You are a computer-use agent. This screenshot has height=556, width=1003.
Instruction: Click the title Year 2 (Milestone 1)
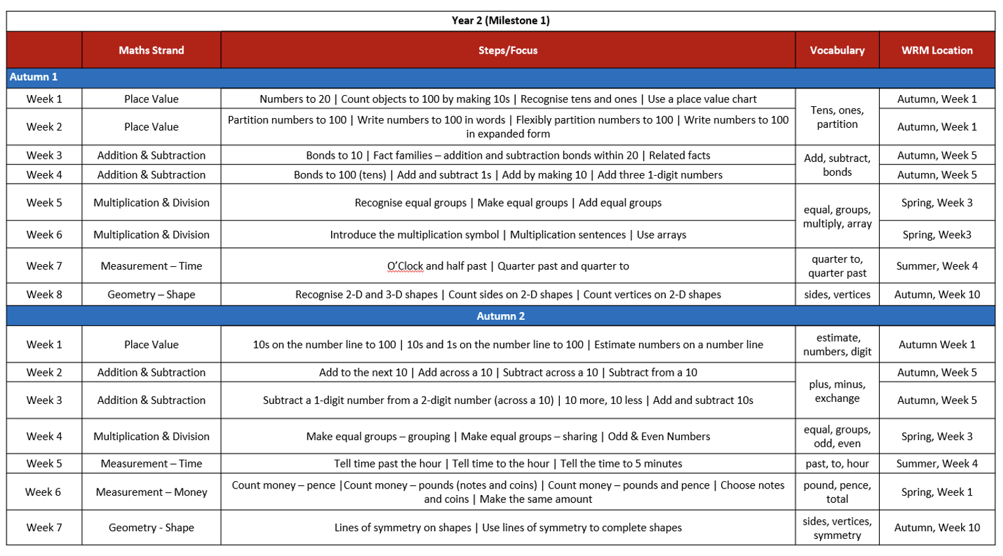[500, 20]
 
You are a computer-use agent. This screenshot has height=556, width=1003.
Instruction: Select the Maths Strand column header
[151, 50]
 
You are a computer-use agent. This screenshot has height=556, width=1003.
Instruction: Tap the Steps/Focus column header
[507, 50]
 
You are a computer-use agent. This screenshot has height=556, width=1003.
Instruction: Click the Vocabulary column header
[836, 50]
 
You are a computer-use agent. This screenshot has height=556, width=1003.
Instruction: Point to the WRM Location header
[936, 50]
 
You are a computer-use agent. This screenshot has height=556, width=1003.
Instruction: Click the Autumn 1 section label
[33, 77]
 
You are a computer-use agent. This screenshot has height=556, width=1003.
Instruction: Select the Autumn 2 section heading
[500, 316]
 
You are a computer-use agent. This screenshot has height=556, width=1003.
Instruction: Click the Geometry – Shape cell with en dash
[151, 294]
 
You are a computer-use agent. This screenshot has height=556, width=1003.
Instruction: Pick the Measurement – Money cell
[151, 492]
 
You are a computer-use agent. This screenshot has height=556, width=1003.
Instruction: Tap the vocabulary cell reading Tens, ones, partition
[836, 117]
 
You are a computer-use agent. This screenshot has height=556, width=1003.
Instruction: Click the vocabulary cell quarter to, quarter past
[836, 266]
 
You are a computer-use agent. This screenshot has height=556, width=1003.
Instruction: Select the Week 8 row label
[44, 294]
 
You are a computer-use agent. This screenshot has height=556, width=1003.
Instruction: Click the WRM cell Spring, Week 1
[936, 492]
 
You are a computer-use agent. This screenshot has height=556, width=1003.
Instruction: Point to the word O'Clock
[404, 266]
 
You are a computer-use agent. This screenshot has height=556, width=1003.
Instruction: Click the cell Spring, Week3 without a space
[936, 235]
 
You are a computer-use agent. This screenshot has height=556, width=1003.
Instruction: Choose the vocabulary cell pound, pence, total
[836, 492]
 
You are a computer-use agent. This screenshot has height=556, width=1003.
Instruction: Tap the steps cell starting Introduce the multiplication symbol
[507, 235]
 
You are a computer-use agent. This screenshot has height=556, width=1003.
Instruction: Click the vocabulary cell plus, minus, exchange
[836, 391]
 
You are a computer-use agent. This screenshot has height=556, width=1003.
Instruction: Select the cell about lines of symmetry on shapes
[507, 528]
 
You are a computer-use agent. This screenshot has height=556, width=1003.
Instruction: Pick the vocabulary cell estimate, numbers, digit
[836, 345]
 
